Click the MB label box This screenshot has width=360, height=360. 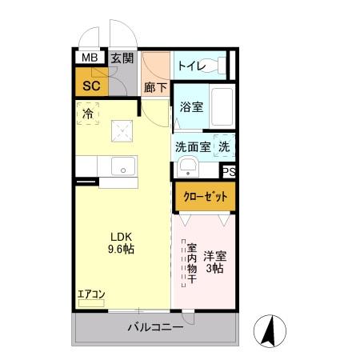point(88,58)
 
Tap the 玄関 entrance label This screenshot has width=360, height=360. point(122,58)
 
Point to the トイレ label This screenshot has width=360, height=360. point(192,65)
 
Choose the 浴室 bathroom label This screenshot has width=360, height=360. point(190,106)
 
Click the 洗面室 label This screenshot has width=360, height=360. point(193,146)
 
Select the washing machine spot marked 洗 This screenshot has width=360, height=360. point(225,146)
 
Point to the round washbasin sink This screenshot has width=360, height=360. point(188,168)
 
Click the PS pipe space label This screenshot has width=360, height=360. point(229,171)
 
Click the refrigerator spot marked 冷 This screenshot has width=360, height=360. point(88,114)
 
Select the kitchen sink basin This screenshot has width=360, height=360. point(123,167)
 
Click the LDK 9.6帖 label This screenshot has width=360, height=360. point(122,243)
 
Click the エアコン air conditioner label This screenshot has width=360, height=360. point(90,294)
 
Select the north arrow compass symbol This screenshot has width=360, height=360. point(270,329)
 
